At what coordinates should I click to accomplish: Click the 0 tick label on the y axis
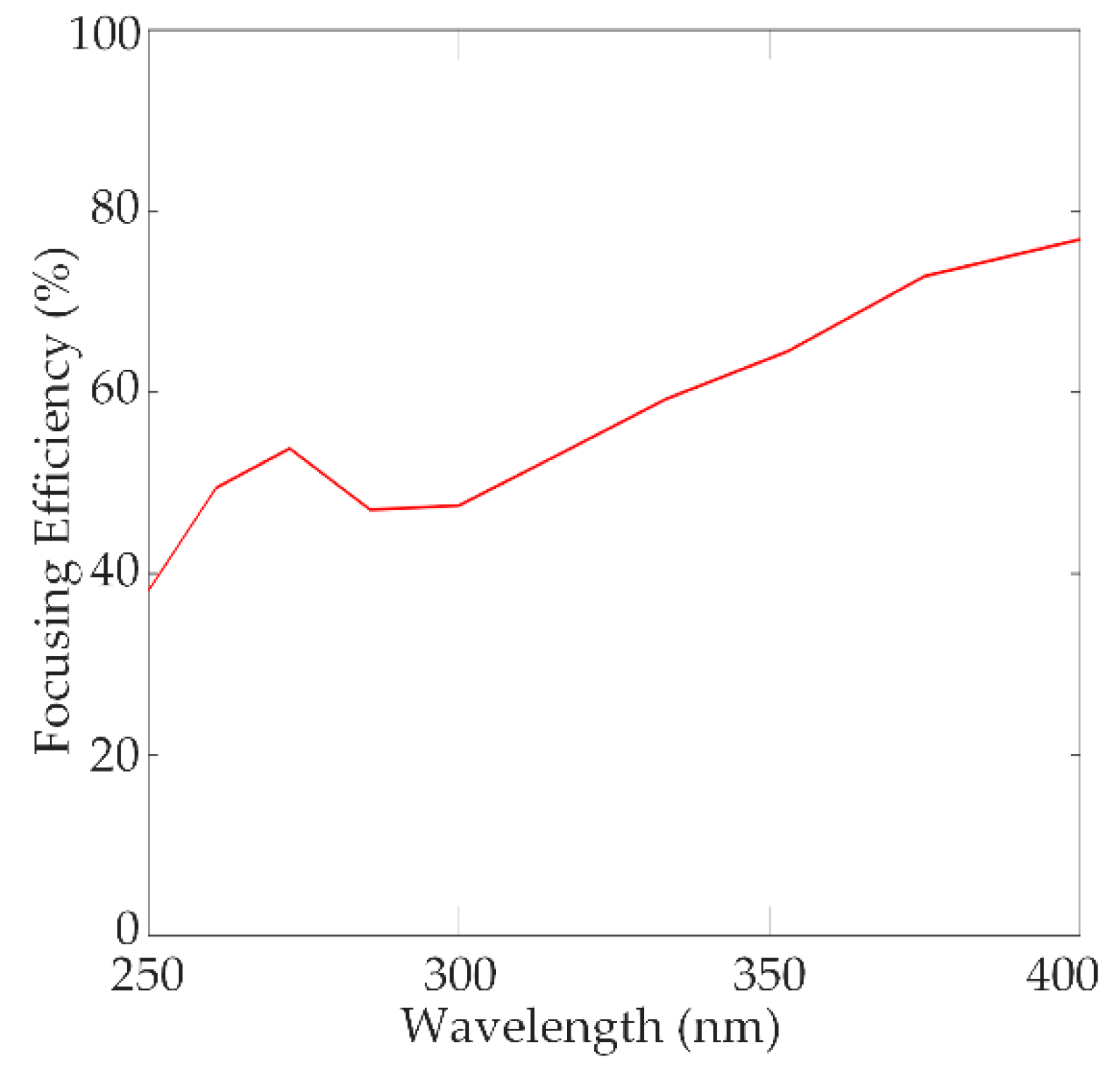[x=128, y=928]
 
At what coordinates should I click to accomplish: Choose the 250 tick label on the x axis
[x=147, y=975]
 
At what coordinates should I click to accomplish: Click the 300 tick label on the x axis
[x=459, y=975]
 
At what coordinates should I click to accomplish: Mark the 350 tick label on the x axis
[x=769, y=975]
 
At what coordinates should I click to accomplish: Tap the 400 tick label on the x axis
[x=1062, y=975]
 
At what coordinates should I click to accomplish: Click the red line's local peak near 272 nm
[x=290, y=448]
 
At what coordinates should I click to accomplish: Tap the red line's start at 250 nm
[x=149, y=590]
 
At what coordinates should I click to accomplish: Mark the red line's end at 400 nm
[x=1079, y=240]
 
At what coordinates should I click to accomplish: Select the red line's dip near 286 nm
[x=371, y=509]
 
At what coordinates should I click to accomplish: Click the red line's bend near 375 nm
[x=924, y=276]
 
